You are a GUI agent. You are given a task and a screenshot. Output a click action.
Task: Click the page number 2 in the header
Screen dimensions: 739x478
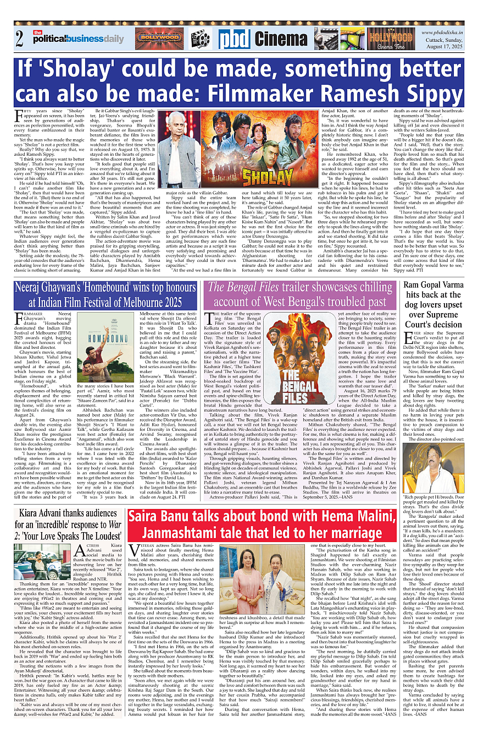pos(20,40)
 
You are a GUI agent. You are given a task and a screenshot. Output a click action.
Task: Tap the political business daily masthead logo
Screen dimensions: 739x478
pos(78,39)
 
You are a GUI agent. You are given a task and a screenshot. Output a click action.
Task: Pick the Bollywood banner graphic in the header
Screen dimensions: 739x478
pos(160,39)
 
